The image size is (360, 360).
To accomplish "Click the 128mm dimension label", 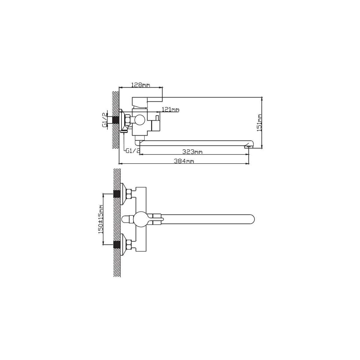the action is (141, 85).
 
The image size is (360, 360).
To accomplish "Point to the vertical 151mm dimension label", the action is (259, 123).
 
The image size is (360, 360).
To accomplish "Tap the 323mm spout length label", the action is (192, 152).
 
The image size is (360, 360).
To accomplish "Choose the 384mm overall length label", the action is (184, 161).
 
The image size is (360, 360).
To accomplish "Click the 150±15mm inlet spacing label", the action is (101, 219).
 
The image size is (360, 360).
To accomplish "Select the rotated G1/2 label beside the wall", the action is (105, 120).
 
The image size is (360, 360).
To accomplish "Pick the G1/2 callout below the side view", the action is (133, 151).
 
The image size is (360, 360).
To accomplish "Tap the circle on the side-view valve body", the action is (139, 120).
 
